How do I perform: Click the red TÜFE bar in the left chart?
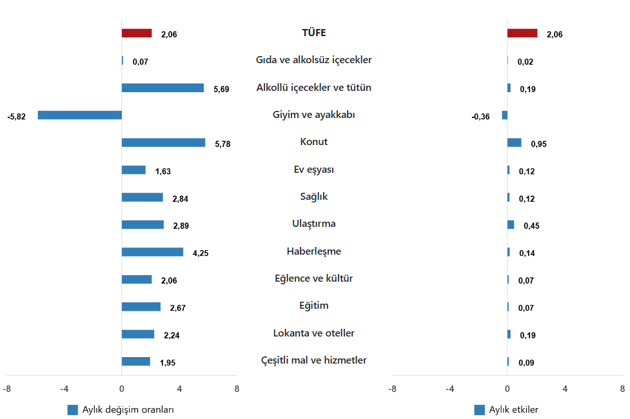137,33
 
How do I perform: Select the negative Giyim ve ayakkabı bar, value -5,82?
80,115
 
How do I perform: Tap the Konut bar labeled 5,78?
163,142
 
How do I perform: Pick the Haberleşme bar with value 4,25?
152,252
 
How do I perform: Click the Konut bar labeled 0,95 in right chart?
515,142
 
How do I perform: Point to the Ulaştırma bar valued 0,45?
511,225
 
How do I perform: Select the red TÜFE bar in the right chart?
522,33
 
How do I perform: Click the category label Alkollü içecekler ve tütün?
313,88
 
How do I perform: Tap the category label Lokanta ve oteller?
313,333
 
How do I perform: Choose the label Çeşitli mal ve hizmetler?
313,360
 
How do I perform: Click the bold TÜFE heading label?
313,33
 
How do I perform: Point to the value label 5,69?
221,90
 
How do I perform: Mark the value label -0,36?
480,117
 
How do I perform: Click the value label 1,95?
168,363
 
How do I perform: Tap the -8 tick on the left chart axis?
6,389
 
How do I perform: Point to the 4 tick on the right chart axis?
565,389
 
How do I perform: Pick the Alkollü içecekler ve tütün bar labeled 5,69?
162,88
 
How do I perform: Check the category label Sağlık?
313,197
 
